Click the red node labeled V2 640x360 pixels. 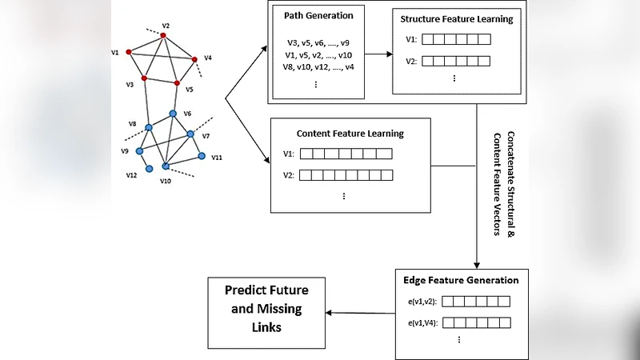coord(163,35)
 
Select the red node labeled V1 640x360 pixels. coord(128,52)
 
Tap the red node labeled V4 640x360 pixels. coord(194,58)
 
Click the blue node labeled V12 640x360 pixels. coord(149,167)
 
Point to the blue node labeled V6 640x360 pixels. coord(172,114)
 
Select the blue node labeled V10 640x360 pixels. coord(166,166)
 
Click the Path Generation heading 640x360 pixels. coord(318,15)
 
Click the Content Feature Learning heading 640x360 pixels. coord(350,134)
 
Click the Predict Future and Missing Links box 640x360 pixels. coord(266,309)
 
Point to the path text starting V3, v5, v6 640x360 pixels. coord(318,42)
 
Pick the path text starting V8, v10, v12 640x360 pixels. coord(318,67)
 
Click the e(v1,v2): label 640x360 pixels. coord(421,302)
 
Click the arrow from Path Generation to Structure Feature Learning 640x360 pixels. coord(378,55)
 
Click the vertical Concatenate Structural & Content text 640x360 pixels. coord(505,184)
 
